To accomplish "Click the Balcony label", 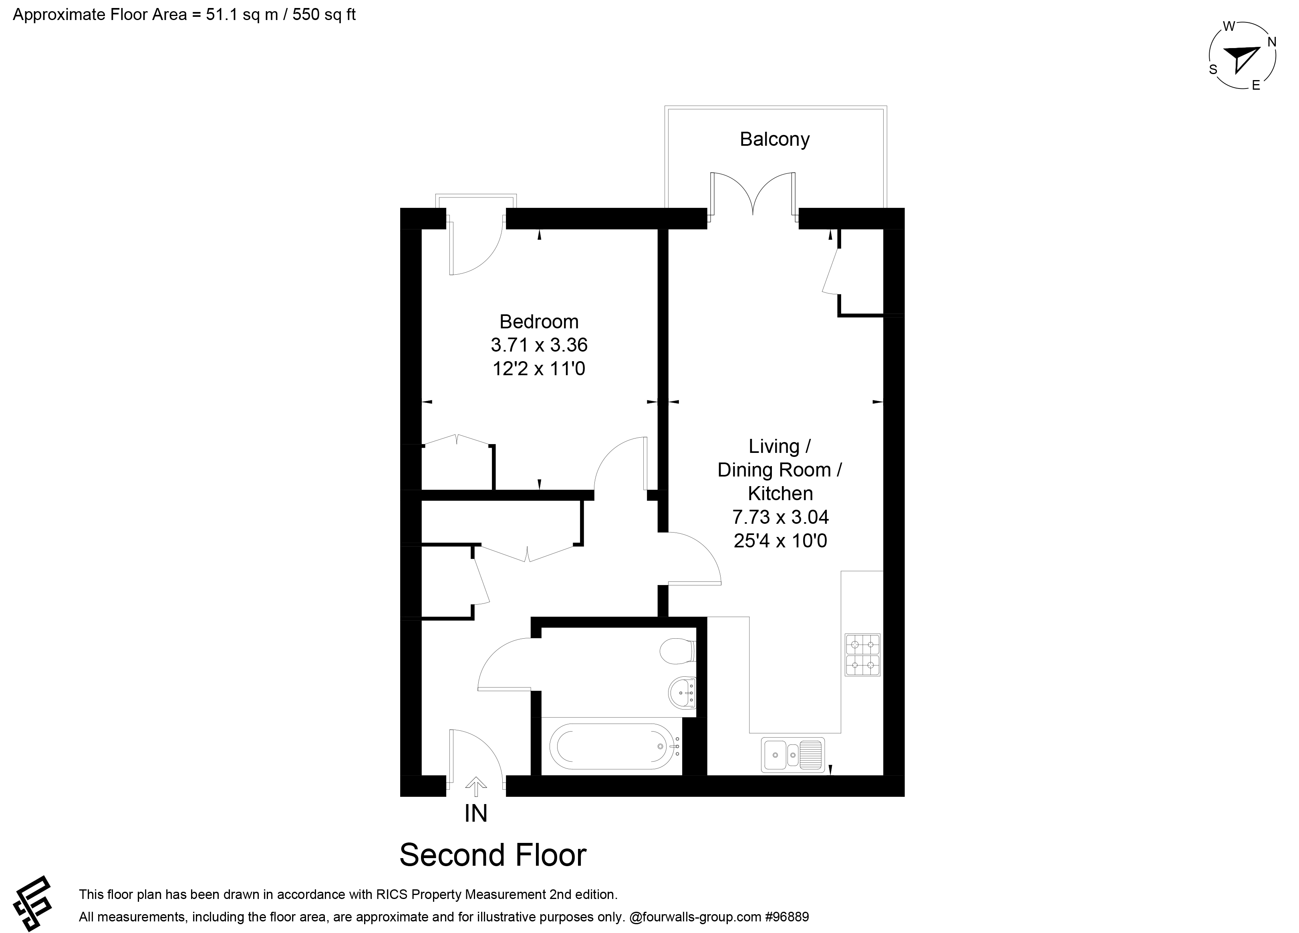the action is (x=774, y=139).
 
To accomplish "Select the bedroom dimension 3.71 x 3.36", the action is (x=539, y=345).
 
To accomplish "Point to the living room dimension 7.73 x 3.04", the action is (x=780, y=517).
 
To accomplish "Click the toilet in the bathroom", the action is (x=678, y=651).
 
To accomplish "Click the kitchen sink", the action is (x=793, y=755).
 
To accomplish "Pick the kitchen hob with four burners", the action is (x=862, y=655).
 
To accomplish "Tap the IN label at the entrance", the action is (x=476, y=813).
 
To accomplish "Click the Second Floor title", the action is (x=493, y=855).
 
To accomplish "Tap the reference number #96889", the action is (x=787, y=917).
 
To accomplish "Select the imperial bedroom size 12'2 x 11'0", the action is (x=539, y=368).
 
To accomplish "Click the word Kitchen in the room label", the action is (x=780, y=493).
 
